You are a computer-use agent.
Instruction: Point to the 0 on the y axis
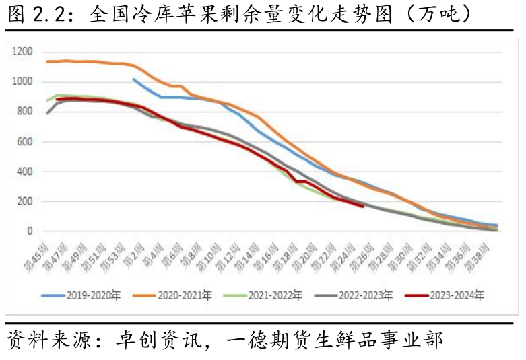(30, 231)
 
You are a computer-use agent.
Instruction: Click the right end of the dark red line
(364, 206)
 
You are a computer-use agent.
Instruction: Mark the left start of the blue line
(133, 79)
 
